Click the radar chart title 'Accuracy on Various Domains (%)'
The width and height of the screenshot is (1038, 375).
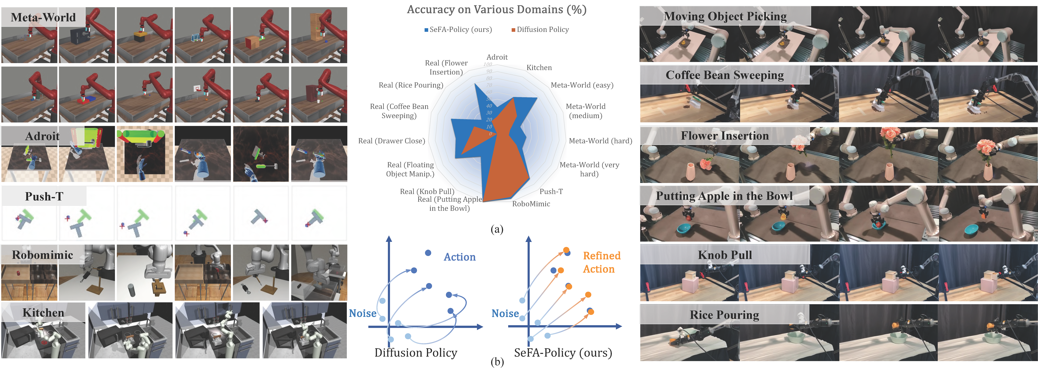coord(496,10)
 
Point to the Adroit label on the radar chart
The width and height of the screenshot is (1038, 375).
coord(497,57)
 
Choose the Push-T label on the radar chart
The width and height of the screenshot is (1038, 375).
coord(551,192)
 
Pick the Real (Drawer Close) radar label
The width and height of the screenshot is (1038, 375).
coord(391,141)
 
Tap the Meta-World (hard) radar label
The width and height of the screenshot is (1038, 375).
coord(600,141)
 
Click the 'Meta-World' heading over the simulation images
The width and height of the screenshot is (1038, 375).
coord(43,17)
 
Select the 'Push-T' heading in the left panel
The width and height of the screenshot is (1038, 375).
coord(44,196)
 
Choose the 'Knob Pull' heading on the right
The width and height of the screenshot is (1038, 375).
coord(725,255)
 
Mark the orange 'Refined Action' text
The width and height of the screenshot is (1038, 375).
coord(601,262)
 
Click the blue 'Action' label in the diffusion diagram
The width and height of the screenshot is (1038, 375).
coord(459,257)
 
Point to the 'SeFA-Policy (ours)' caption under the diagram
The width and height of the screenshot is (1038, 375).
coord(563,353)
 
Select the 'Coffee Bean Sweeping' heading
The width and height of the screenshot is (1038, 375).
coord(725,75)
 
